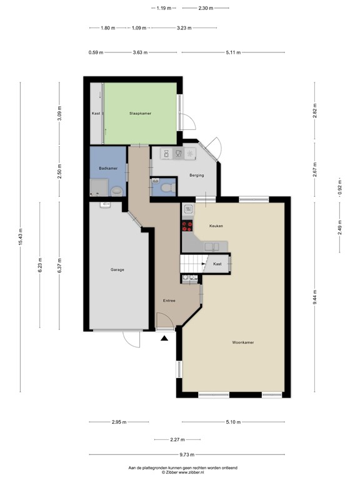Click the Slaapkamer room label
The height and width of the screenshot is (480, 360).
point(141,113)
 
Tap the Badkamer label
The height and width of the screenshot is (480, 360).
point(107,168)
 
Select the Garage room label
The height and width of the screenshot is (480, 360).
point(117,269)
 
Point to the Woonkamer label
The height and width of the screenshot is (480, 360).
point(242,342)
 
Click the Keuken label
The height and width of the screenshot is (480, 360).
point(216,226)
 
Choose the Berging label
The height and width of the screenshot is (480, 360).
point(197,175)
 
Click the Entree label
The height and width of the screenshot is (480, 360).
point(169,301)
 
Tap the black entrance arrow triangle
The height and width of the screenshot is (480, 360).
point(164,339)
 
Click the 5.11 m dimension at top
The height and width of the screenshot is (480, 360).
point(232,52)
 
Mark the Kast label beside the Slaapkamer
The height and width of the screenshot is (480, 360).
point(96,113)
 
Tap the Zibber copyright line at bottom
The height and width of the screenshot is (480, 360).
point(180,472)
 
